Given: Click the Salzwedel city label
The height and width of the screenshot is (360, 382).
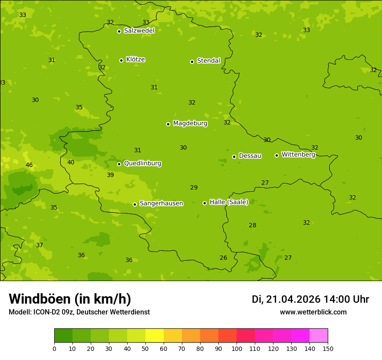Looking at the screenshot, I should pyautogui.click(x=139, y=31).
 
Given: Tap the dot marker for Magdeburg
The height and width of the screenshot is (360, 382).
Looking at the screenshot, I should pyautogui.click(x=168, y=124).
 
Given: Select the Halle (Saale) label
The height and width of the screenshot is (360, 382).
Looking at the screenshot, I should pyautogui.click(x=229, y=202).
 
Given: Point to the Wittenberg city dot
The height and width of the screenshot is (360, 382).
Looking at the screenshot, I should pyautogui.click(x=277, y=155).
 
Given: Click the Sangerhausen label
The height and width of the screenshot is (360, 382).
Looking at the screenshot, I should pyautogui.click(x=161, y=203).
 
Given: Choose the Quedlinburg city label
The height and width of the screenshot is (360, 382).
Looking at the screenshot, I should pyautogui.click(x=142, y=164).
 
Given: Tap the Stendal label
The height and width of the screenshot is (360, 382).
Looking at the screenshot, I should pyautogui.click(x=208, y=61).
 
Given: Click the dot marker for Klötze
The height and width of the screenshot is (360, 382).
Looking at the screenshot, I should pyautogui.click(x=121, y=60).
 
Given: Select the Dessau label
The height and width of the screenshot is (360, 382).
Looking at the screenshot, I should pyautogui.click(x=250, y=156).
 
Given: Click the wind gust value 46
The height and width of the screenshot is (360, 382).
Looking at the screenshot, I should pyautogui.click(x=29, y=165).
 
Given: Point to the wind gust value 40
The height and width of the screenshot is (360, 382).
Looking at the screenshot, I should pyautogui.click(x=71, y=163).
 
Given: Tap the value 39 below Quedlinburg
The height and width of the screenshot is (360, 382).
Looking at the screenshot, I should pyautogui.click(x=110, y=175).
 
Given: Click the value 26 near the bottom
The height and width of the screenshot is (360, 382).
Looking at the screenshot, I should pyautogui.click(x=223, y=258).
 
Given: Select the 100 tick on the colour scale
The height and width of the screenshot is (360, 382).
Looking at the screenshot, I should pyautogui.click(x=237, y=348).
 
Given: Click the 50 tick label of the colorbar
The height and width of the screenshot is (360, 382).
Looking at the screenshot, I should pyautogui.click(x=145, y=348).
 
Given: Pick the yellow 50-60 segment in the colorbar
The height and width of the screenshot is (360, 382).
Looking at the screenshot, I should pyautogui.click(x=155, y=336).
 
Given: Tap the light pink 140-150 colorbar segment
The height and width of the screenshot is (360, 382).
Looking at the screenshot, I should pyautogui.click(x=319, y=336).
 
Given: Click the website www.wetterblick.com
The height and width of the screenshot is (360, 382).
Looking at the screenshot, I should pyautogui.click(x=313, y=312).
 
